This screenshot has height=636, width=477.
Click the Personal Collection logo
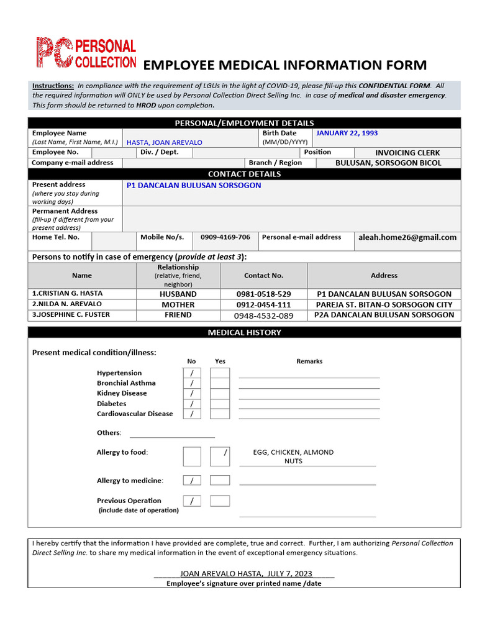pos(85,53)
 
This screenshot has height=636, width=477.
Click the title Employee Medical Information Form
pos(285,65)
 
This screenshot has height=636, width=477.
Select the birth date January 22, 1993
pos(347,133)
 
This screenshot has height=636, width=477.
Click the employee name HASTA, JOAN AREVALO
pos(165,142)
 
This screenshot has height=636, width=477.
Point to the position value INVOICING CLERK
pos(407,153)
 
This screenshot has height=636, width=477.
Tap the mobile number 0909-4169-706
pos(225,237)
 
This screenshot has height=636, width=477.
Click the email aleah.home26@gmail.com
pos(407,237)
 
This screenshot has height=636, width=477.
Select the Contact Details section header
pos(244,174)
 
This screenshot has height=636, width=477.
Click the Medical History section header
pos(244,332)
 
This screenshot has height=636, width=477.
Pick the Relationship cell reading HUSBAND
pos(178,294)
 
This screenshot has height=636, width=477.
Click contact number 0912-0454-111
pos(263,305)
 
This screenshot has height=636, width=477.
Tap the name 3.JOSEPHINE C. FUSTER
pos(71,315)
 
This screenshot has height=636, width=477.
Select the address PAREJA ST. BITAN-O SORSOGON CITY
pos(384,305)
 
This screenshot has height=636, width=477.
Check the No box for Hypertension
pos(192,373)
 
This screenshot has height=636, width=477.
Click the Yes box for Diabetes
pos(220,404)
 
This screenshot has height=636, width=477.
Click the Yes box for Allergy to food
pos(220,456)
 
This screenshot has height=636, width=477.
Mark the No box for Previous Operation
pos(192,501)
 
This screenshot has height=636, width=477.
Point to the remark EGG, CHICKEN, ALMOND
pos(293,452)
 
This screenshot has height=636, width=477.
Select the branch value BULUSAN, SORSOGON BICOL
pos(388,163)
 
